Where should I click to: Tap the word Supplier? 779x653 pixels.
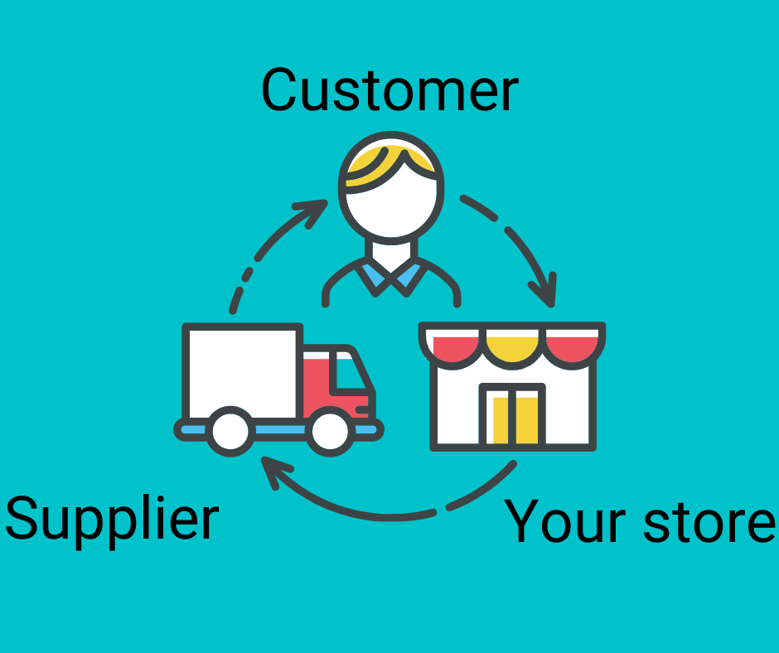click(x=111, y=520)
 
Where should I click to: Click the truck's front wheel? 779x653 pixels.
click(x=331, y=430)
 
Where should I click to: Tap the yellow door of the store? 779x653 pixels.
click(x=514, y=418)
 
